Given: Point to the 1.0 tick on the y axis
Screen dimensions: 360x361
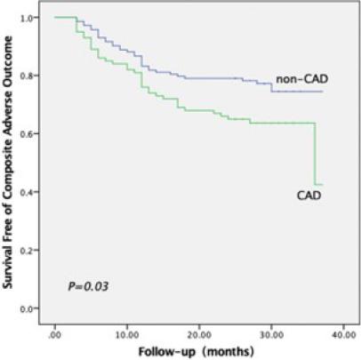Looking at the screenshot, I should (29, 18).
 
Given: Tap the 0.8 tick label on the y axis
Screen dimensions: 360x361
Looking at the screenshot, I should (29, 76).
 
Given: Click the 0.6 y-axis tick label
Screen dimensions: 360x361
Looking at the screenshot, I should (29, 134).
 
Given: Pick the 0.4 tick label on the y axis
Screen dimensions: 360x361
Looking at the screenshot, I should (29, 192).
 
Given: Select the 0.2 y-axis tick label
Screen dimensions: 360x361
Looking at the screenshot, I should (29, 251).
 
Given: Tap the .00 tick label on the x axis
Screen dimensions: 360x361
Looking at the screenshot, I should (55, 329).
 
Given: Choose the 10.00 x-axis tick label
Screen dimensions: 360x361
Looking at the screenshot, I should (126, 329).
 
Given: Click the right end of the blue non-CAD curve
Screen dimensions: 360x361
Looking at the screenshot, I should (321, 92).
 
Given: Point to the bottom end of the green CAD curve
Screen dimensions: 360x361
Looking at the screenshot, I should (320, 184).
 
